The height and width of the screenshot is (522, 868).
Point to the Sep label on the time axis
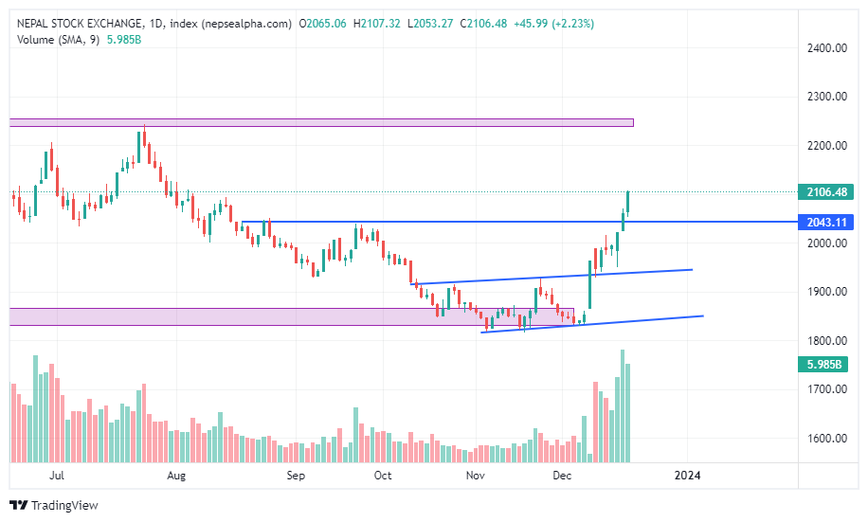297,475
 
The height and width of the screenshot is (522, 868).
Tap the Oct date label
383,475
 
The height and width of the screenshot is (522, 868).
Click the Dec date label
561,475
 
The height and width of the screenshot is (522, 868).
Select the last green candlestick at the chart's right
627,202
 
